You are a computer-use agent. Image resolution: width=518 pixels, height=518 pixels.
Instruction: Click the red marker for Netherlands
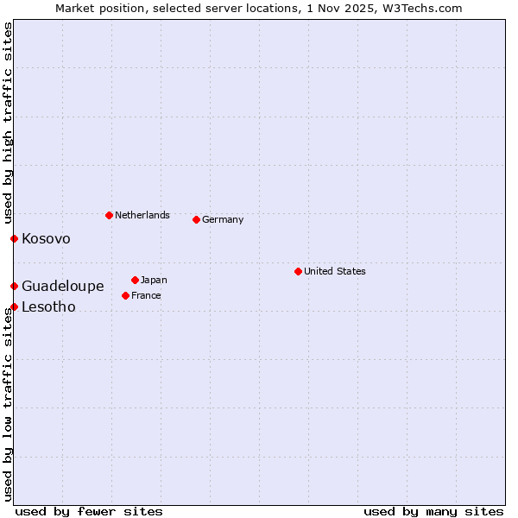[x=109, y=215]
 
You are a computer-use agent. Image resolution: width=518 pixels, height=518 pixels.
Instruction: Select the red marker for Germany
[x=196, y=219]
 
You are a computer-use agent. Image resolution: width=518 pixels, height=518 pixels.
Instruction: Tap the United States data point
[x=298, y=271]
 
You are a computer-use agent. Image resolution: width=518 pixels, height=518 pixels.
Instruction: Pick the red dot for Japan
[x=135, y=280]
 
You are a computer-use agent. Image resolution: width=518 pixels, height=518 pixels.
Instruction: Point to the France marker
[x=125, y=295]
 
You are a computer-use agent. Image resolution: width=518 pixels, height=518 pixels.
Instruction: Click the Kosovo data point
[x=14, y=238]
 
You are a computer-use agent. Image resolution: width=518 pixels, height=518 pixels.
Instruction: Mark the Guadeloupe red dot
[x=14, y=286]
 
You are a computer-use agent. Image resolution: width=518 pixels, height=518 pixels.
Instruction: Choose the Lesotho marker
[x=14, y=306]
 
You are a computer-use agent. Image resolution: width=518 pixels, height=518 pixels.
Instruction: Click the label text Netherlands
[x=142, y=215]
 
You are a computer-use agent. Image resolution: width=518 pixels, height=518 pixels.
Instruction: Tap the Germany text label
[x=223, y=219]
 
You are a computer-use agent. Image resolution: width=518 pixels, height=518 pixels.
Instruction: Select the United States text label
[x=335, y=271]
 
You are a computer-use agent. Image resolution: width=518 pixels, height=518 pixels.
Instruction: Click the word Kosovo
[x=47, y=238]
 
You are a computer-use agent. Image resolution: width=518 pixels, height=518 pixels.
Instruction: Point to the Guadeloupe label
[x=63, y=286]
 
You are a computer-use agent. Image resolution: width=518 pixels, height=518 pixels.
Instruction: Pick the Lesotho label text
[x=49, y=306]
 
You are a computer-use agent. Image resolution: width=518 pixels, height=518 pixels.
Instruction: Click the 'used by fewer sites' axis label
[x=89, y=511]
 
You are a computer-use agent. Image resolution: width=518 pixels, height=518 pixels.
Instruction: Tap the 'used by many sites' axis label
[x=433, y=511]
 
